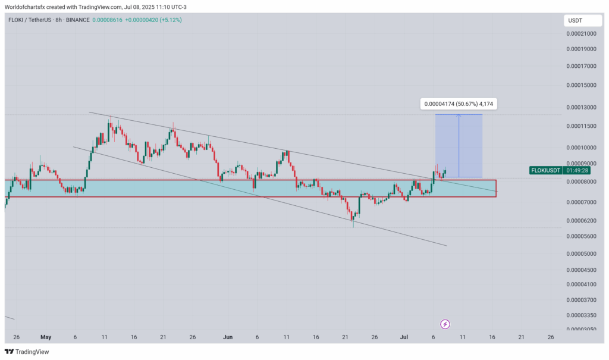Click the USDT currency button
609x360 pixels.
pyautogui.click(x=575, y=20)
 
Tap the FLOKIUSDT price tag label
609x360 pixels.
pyautogui.click(x=546, y=170)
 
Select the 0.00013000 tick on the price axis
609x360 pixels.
pyautogui.click(x=582, y=107)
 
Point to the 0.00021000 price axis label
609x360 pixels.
pyautogui.click(x=582, y=34)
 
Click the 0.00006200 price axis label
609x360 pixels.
pyautogui.click(x=582, y=221)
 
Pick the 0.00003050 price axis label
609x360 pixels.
pyautogui.click(x=582, y=329)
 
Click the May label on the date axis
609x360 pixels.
pyautogui.click(x=46, y=337)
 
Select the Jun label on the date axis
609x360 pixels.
pyautogui.click(x=227, y=337)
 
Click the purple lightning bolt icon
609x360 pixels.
pyautogui.click(x=445, y=324)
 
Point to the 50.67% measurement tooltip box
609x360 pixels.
pyautogui.click(x=457, y=104)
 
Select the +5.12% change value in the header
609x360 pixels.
pyautogui.click(x=169, y=20)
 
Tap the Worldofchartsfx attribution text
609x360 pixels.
pyautogui.click(x=25, y=6)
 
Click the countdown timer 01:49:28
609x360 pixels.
pyautogui.click(x=579, y=170)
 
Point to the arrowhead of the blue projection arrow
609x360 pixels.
pyautogui.click(x=459, y=116)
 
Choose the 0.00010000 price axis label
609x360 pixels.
pyautogui.click(x=582, y=148)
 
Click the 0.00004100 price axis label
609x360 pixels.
pyautogui.click(x=582, y=284)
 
